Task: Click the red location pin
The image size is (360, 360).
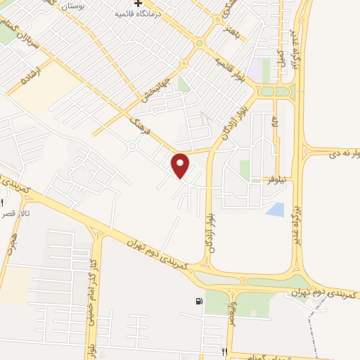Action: click(x=181, y=165)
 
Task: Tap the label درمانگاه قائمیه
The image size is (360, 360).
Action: click(x=159, y=13)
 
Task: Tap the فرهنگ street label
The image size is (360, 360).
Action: click(x=143, y=129)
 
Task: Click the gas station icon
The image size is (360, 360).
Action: click(x=200, y=302)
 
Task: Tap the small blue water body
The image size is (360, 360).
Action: click(x=276, y=209)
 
